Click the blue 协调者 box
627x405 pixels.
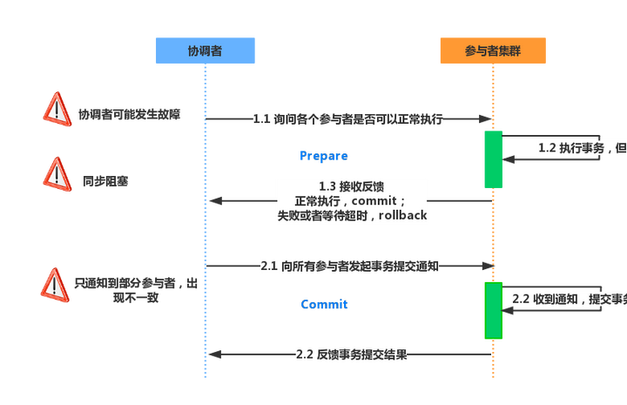tap(205, 51)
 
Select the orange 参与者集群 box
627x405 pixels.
tap(493, 51)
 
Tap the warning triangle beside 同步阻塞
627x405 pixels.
tap(57, 174)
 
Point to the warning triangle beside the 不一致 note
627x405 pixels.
tap(56, 286)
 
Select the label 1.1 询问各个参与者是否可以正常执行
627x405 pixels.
tap(348, 119)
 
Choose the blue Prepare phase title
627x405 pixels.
tap(324, 156)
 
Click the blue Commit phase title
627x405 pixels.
tap(324, 305)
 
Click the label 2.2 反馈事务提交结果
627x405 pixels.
tap(351, 354)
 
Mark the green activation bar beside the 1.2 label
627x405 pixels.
tap(494, 159)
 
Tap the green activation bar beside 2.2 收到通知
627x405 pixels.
tap(494, 310)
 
